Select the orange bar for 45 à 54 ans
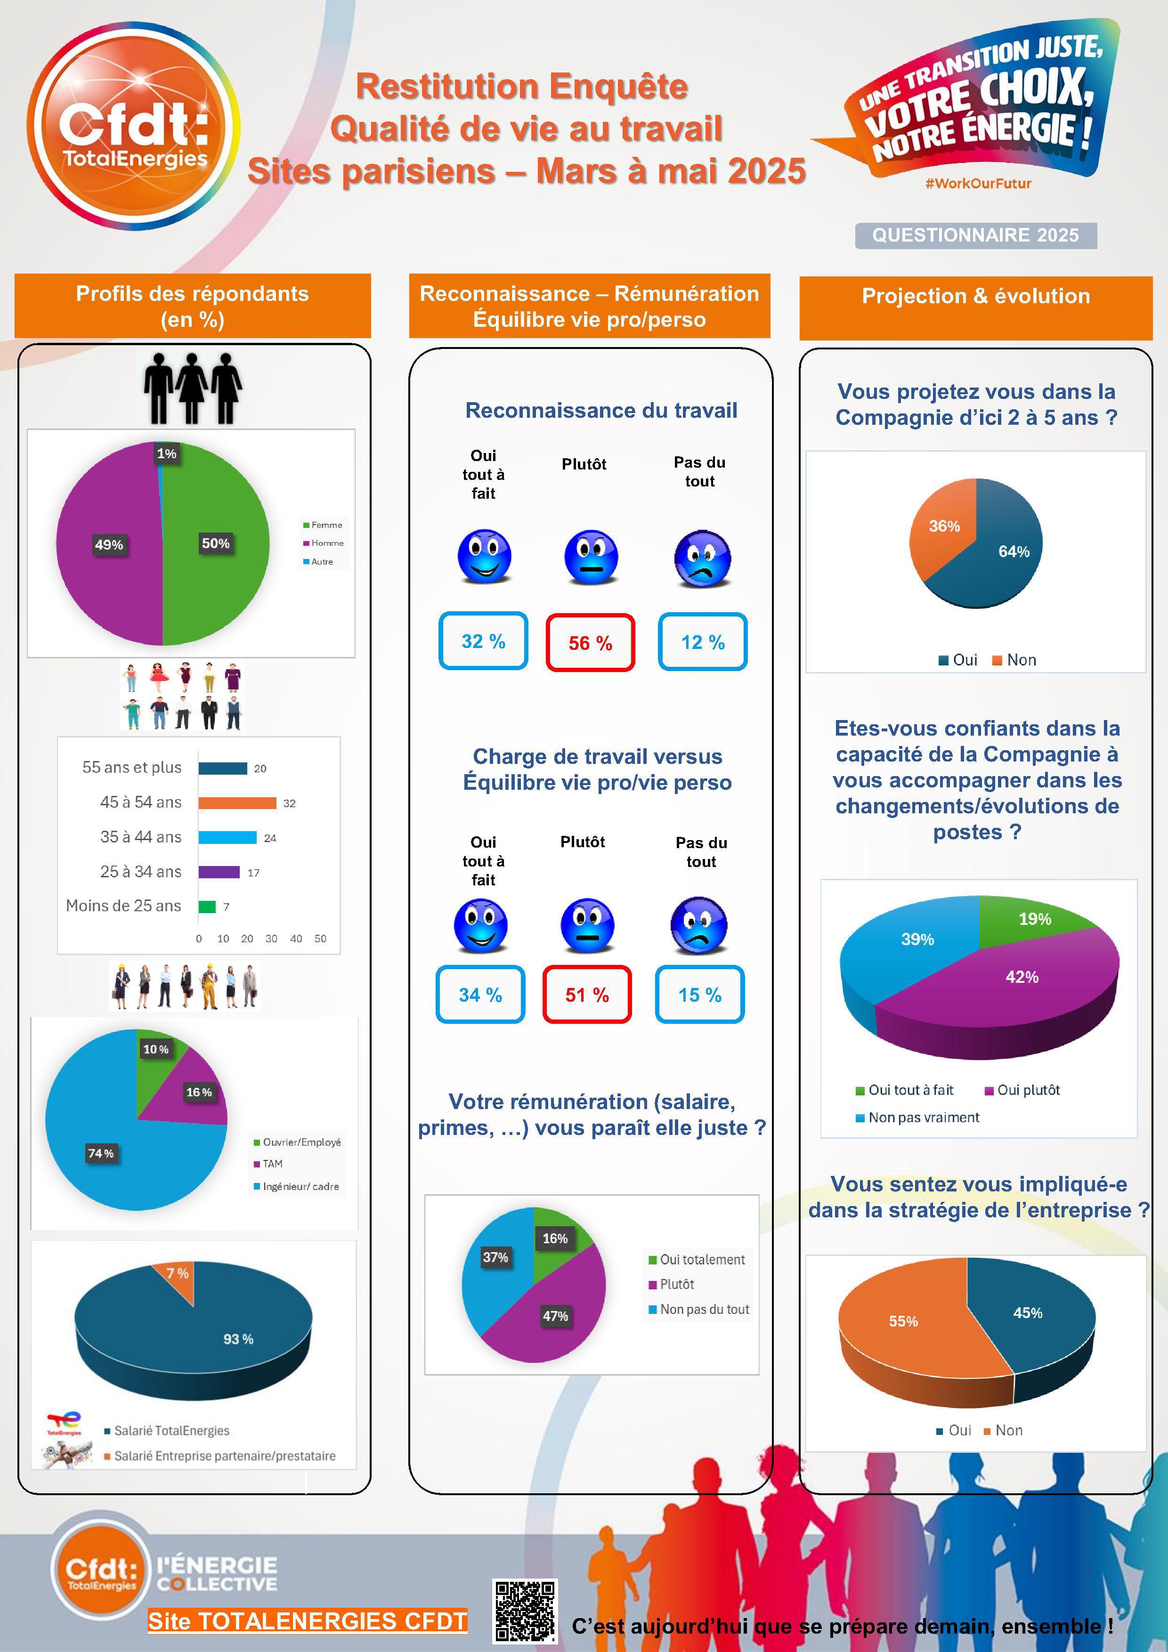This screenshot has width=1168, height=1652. [x=237, y=803]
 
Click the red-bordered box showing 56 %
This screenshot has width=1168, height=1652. [x=590, y=642]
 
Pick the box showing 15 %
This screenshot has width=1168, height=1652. [x=699, y=995]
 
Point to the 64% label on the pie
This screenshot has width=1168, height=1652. [x=1013, y=552]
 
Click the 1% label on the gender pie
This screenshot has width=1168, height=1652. [x=167, y=453]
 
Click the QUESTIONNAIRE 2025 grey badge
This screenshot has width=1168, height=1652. [x=975, y=235]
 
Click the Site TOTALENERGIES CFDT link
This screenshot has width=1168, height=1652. [x=307, y=1620]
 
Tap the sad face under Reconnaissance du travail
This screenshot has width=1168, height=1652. [x=702, y=559]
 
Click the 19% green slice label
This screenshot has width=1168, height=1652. [x=1035, y=919]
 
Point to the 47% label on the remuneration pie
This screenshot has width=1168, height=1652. [x=555, y=1316]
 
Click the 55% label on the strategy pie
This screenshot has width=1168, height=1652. [x=903, y=1321]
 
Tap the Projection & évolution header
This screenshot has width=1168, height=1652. [x=975, y=296]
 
